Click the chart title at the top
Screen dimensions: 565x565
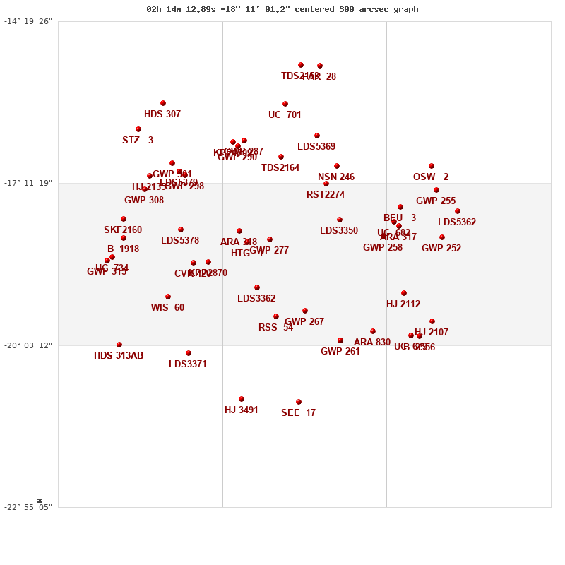(282, 9)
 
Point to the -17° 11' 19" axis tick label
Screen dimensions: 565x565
(28, 183)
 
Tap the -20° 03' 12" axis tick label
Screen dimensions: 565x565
(28, 345)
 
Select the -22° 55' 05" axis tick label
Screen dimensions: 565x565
(28, 507)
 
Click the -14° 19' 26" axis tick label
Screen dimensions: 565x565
(28, 21)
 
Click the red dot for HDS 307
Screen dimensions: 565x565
(163, 103)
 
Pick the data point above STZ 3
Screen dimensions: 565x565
(138, 129)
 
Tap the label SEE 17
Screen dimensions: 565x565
(298, 413)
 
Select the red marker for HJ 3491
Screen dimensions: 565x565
(242, 399)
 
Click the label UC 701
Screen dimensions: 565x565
(285, 115)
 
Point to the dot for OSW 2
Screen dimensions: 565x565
(432, 166)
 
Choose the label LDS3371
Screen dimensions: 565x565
(188, 364)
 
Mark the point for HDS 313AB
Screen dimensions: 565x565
(119, 345)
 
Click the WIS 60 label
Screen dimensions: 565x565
(167, 308)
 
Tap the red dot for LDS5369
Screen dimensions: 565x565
(317, 136)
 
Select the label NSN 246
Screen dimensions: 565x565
(336, 177)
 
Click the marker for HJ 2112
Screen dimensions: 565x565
(404, 293)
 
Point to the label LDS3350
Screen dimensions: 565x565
(339, 231)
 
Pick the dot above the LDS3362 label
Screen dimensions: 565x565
(257, 287)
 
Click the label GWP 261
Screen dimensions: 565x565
(340, 352)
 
